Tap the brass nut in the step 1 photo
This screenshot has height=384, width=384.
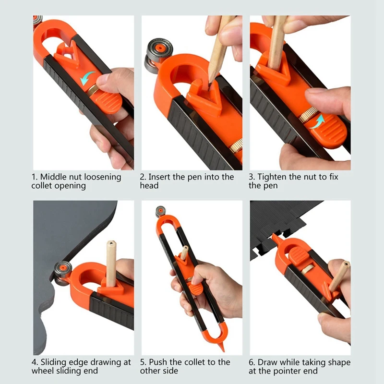click(93, 91)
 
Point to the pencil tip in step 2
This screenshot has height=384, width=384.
click(210, 84)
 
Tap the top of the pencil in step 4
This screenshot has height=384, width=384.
click(111, 243)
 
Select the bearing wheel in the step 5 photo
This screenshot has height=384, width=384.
click(161, 212)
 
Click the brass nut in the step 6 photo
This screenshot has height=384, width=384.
click(306, 269)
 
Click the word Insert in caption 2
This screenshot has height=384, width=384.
click(159, 177)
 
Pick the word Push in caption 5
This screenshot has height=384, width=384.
click(158, 362)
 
